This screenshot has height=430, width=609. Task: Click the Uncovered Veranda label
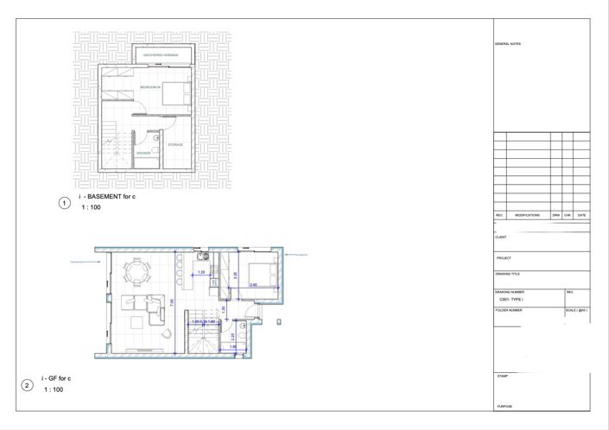point(160,55)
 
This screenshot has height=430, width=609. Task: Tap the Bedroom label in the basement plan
point(150,87)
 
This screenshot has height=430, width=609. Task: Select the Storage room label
point(175,144)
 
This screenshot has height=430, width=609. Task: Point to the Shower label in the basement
point(143,152)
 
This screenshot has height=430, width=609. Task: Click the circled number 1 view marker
point(63,203)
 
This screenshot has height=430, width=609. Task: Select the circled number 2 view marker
point(27,384)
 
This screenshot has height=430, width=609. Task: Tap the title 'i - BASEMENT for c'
point(107,198)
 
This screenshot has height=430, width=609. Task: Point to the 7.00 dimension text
point(172,303)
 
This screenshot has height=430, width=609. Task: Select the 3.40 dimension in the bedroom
point(253,285)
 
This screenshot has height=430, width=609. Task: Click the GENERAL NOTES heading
point(508,43)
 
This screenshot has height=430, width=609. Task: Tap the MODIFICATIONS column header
point(527,215)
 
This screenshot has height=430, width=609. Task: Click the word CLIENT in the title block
point(501,237)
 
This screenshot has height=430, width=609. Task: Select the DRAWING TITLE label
point(509,275)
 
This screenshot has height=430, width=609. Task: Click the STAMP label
point(502,376)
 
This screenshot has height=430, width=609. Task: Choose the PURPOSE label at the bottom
point(504,406)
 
